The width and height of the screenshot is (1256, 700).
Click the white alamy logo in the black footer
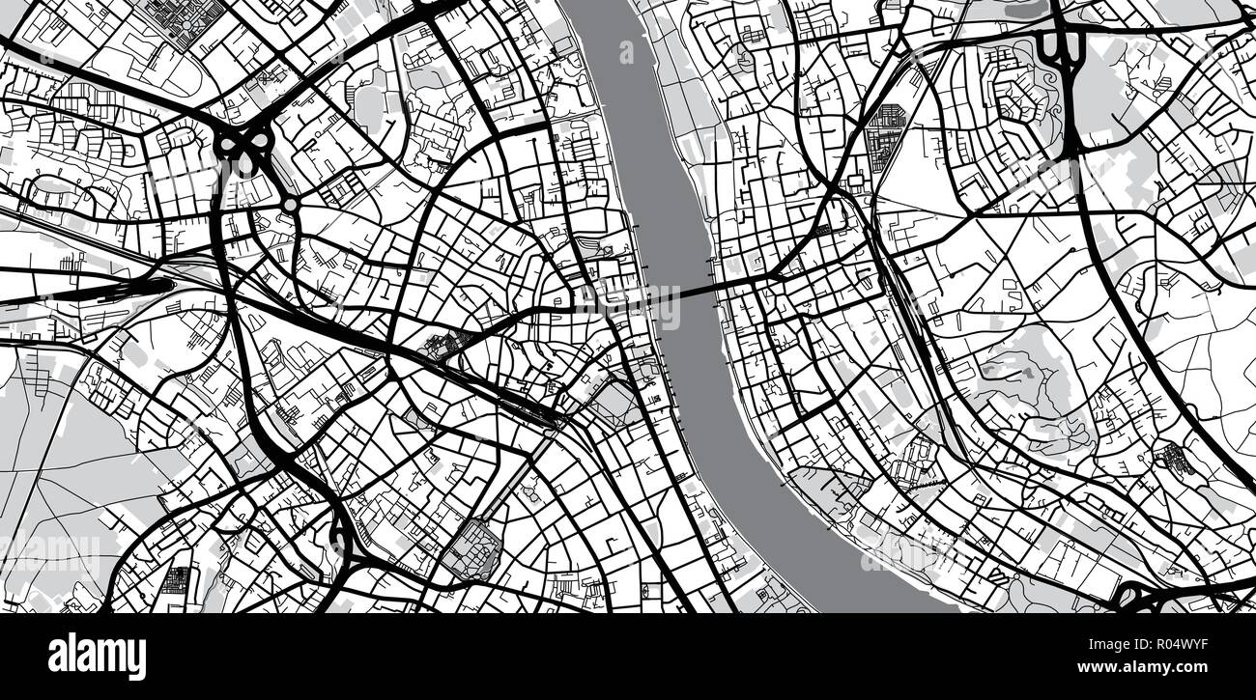[x=98, y=657]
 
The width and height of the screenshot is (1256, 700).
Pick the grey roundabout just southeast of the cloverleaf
[x=289, y=205]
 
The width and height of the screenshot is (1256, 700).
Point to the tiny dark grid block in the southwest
[x=178, y=580]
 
